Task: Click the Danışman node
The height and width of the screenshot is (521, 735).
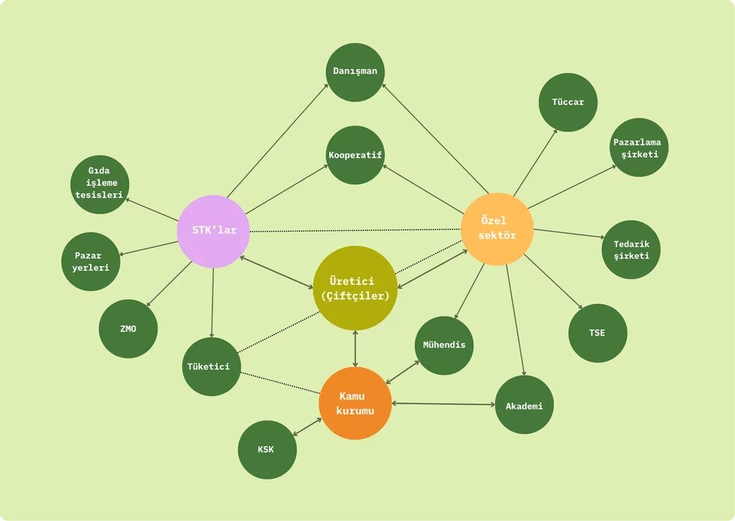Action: [355, 72]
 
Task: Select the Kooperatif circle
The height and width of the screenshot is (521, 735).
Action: [355, 155]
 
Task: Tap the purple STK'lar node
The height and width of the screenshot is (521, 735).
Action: [214, 232]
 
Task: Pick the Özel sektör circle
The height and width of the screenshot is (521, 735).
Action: [497, 229]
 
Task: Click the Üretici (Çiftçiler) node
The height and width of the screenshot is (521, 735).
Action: [355, 288]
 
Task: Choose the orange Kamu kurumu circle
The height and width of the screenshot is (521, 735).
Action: [355, 403]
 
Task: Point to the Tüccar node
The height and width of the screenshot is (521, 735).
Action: [568, 102]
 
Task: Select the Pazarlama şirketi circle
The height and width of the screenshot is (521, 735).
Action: [639, 148]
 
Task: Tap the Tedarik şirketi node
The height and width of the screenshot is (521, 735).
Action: [631, 250]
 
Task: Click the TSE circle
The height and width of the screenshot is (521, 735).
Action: [598, 333]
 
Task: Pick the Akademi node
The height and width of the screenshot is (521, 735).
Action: [524, 405]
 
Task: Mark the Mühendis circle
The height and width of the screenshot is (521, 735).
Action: [444, 346]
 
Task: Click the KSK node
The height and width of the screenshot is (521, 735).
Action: [267, 450]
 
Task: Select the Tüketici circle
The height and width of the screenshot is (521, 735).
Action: [211, 367]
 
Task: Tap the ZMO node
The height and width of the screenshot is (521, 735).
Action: [128, 329]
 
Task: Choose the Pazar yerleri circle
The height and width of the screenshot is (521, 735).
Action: [91, 262]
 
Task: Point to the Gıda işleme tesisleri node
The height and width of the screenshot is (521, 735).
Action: [100, 184]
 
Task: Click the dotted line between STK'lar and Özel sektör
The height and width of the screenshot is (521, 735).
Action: [355, 230]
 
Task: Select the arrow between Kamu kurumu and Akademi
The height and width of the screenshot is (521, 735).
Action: [443, 404]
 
